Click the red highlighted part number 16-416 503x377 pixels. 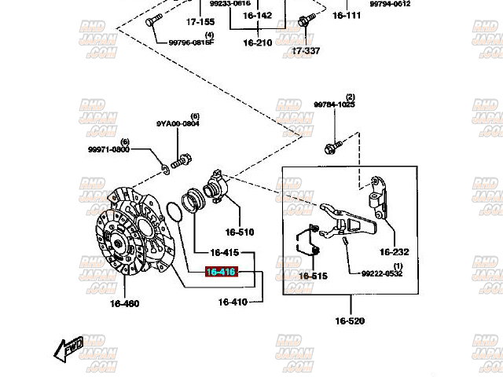click(221, 273)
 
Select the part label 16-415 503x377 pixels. click(224, 253)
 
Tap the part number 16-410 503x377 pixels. click(233, 302)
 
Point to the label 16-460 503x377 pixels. click(124, 303)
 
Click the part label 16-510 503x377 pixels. click(240, 232)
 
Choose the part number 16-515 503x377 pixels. click(311, 276)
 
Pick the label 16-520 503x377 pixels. click(350, 320)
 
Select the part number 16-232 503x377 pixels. click(395, 252)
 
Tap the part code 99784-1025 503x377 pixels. click(334, 104)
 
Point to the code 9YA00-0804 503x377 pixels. click(178, 123)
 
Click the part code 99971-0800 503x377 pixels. click(108, 148)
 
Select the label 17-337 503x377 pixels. click(306, 51)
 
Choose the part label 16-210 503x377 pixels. click(257, 42)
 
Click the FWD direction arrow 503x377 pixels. click(69, 346)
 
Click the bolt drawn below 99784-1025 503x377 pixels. click(332, 146)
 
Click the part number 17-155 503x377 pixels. click(200, 22)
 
